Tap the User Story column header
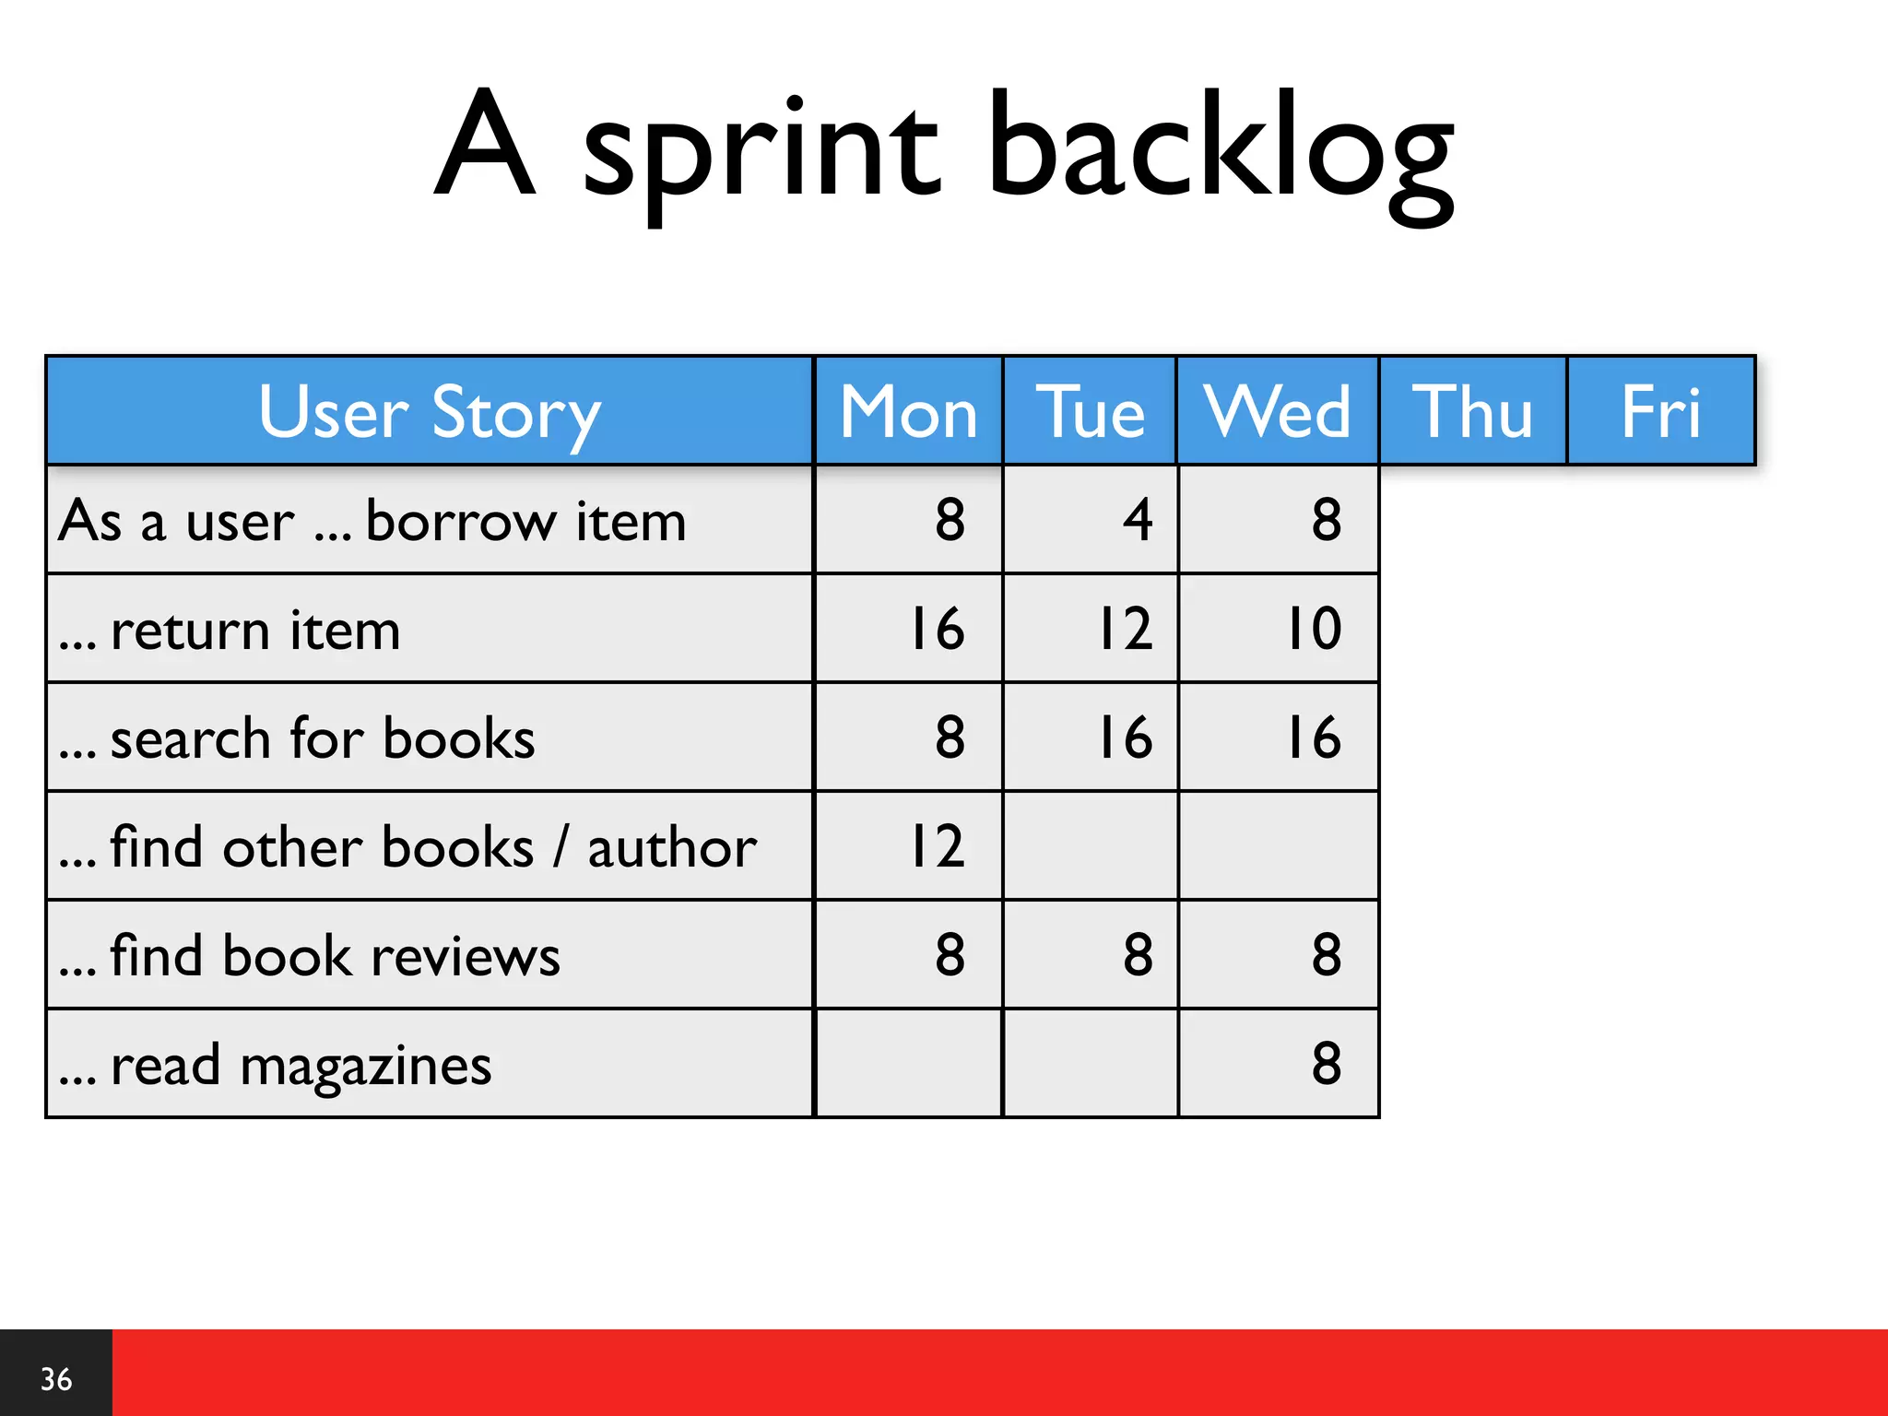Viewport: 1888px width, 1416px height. [x=430, y=411]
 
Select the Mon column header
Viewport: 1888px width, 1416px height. [x=908, y=411]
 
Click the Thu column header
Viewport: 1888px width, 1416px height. [x=1472, y=411]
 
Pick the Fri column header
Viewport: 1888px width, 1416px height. [x=1660, y=411]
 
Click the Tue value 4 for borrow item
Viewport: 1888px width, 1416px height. [x=1138, y=519]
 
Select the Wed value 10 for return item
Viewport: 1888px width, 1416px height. [x=1314, y=629]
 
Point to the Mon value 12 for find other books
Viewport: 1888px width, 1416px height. [x=937, y=845]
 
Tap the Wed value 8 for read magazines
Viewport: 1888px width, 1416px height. [x=1326, y=1063]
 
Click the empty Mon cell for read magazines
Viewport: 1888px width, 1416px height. [x=908, y=1063]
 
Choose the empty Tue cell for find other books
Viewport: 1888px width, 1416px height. [x=1090, y=845]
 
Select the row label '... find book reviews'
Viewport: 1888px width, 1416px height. [x=309, y=955]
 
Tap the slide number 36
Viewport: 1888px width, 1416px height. [x=55, y=1379]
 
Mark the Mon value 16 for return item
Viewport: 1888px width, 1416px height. [x=937, y=629]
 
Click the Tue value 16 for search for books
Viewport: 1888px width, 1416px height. [x=1125, y=737]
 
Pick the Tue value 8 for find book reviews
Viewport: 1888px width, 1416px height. [x=1138, y=955]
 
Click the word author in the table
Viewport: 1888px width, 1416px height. [x=672, y=847]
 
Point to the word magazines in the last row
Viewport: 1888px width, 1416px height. [x=365, y=1067]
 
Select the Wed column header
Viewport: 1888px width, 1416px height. [x=1277, y=411]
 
